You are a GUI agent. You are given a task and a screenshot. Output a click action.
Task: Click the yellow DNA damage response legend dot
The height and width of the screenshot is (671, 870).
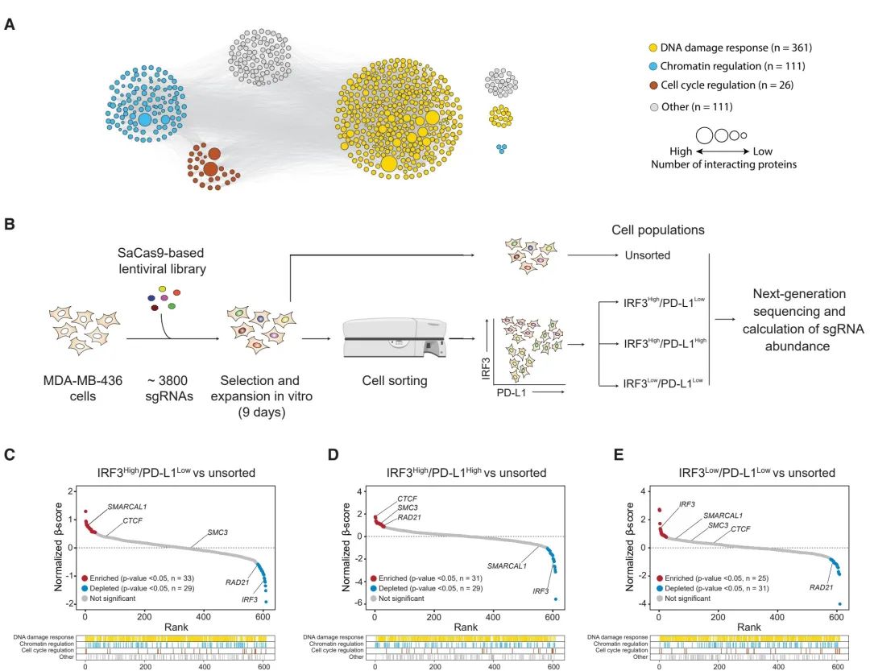point(654,48)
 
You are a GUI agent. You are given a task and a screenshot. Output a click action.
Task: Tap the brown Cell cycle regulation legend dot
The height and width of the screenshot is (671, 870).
point(654,85)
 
